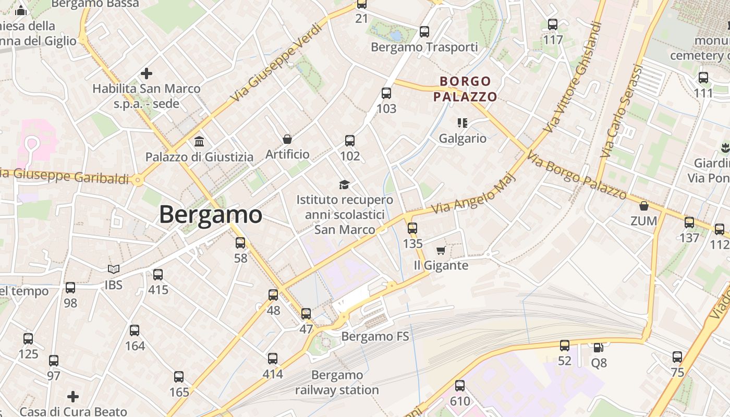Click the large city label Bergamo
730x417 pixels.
210,214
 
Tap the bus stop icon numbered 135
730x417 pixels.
412,228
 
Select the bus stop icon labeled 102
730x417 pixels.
350,140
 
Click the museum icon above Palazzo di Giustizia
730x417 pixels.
199,141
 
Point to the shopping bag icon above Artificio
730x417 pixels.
287,139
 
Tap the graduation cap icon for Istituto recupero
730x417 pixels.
344,185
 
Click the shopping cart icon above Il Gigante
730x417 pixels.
441,250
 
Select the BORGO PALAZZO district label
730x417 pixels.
465,89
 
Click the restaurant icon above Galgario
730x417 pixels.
462,123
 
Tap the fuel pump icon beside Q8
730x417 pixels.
599,347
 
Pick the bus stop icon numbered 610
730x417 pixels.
459,386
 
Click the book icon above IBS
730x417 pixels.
113,269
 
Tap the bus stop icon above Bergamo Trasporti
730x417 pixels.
424,32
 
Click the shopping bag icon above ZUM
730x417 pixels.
644,206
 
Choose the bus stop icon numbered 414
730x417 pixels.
273,359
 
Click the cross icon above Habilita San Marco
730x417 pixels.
147,73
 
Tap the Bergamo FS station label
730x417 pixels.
375,336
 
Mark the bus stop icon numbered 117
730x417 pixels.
553,24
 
